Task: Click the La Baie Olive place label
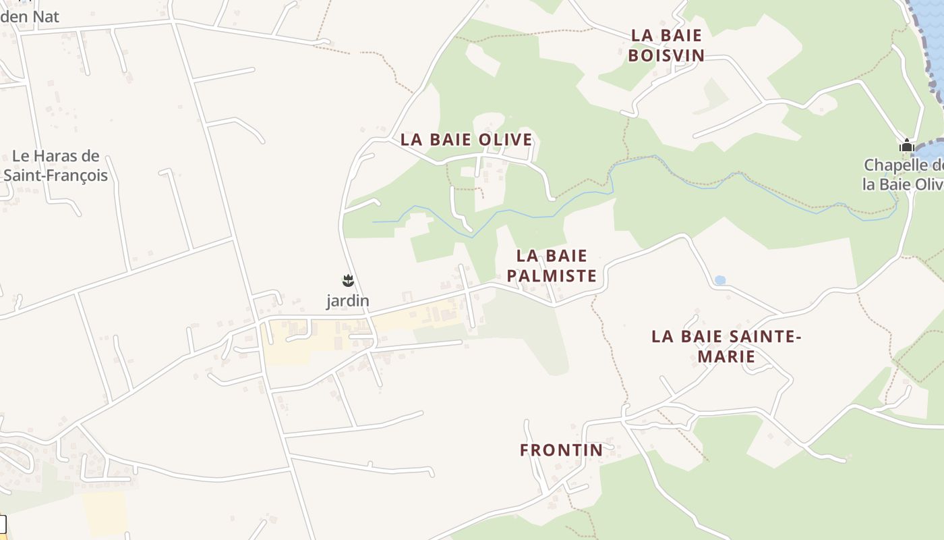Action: tap(466, 140)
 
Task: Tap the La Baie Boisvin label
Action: tap(666, 45)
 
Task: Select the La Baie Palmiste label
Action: tap(552, 265)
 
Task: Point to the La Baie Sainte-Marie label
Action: tap(726, 346)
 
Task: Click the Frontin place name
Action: tap(561, 450)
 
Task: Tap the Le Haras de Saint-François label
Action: tap(55, 165)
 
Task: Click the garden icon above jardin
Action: tap(348, 280)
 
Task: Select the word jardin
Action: tap(348, 301)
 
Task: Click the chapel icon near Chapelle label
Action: tap(907, 145)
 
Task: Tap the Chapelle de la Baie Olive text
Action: tap(904, 175)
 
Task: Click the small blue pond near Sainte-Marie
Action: tap(720, 280)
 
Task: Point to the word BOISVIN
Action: tap(666, 55)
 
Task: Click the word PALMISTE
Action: tap(552, 275)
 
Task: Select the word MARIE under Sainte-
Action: tap(726, 356)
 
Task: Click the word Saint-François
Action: tap(55, 175)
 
